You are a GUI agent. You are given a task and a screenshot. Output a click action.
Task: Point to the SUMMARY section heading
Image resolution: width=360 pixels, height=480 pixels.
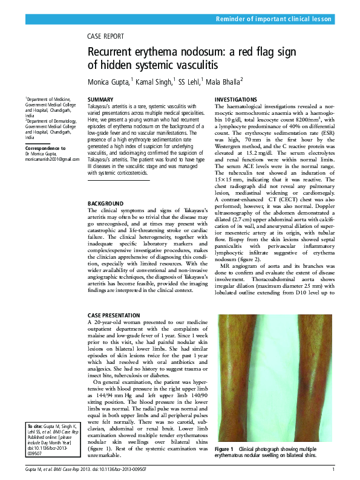(100, 99)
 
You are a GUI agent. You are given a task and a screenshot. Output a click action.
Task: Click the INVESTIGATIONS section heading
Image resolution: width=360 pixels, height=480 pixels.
(236, 99)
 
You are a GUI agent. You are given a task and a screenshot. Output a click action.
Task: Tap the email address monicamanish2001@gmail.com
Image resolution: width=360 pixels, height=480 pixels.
(52, 159)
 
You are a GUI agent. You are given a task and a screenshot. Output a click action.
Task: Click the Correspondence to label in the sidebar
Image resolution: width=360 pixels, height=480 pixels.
(45, 148)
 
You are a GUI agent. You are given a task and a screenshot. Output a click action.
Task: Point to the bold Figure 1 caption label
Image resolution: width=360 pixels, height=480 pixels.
(224, 450)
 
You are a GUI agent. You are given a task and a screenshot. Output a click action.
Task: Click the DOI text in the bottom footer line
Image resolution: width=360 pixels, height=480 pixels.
(126, 470)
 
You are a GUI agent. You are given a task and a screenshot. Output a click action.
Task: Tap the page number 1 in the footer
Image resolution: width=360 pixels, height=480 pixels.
(333, 470)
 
